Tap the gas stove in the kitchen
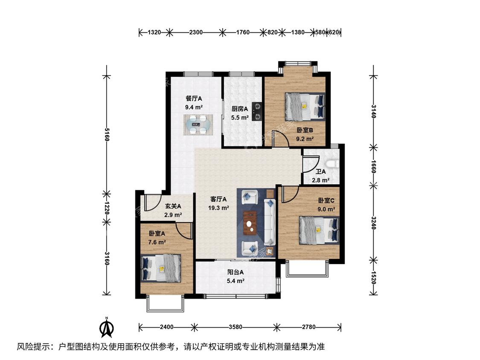[257, 111]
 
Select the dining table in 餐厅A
[198, 125]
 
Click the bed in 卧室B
[305, 107]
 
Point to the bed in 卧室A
[161, 268]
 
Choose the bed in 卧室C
[319, 230]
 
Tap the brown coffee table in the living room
[250, 223]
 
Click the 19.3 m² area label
[218, 208]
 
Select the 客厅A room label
[218, 199]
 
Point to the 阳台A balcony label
[236, 272]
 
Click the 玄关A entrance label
[173, 206]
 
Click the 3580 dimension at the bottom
[236, 327]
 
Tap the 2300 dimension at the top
[195, 32]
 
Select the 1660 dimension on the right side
[373, 166]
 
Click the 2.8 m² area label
[320, 180]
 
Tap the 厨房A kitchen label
[240, 109]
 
